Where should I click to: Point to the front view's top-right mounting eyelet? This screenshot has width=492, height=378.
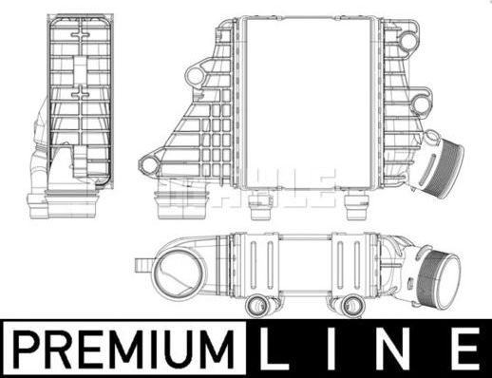tap(408, 41)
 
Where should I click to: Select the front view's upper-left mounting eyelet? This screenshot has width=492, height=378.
tap(197, 73)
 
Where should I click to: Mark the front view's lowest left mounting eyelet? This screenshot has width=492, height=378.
tap(148, 165)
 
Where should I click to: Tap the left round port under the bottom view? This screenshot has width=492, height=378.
tap(257, 306)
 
